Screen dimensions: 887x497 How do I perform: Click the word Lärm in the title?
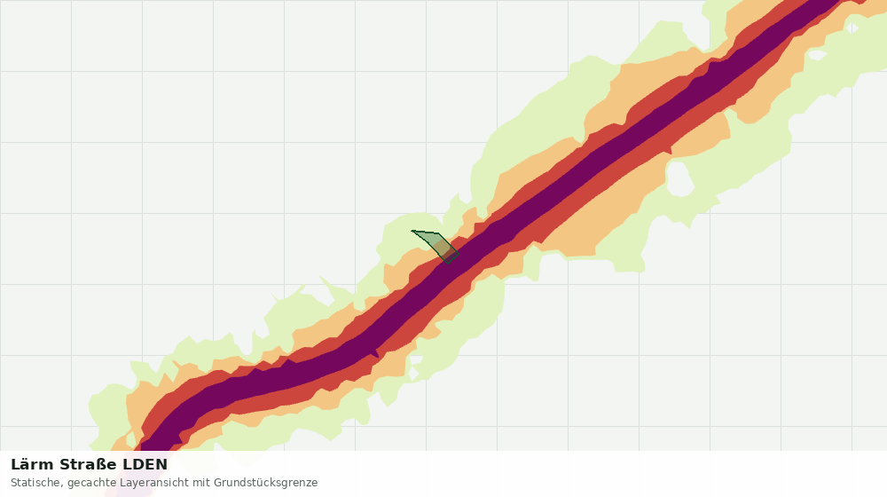pyautogui.click(x=32, y=465)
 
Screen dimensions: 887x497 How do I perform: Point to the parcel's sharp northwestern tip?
pyautogui.click(x=412, y=231)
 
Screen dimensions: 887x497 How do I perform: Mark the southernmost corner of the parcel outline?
pyautogui.click(x=448, y=264)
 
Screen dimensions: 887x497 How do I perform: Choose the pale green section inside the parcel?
pyautogui.click(x=428, y=238)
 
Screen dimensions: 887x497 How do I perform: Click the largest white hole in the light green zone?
pyautogui.click(x=680, y=178)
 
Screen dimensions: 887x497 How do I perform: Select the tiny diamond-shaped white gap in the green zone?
pyautogui.click(x=852, y=28)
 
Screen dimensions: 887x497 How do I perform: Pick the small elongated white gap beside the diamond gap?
pyautogui.click(x=818, y=55)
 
